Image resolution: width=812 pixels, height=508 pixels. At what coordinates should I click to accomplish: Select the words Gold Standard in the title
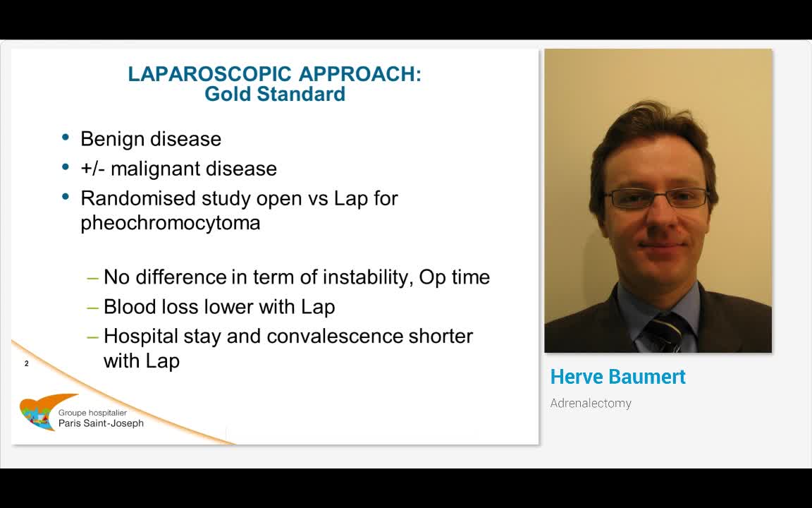point(275,94)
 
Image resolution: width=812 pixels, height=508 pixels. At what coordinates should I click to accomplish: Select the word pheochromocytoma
point(171,223)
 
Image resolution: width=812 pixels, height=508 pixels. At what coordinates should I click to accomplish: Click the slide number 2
point(27,363)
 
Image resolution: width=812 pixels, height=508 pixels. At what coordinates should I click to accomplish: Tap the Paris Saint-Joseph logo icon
point(38,413)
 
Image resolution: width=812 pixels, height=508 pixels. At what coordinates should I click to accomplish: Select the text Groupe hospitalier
point(92,413)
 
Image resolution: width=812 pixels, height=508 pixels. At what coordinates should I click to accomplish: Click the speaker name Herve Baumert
point(617,377)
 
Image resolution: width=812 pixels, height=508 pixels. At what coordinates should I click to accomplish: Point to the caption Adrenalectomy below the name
point(591,404)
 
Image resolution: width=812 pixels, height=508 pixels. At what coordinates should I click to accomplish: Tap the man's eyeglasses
point(656,198)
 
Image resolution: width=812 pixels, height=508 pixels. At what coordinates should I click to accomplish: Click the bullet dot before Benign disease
point(66,138)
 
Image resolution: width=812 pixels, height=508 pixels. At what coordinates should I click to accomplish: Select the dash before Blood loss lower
point(93,307)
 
